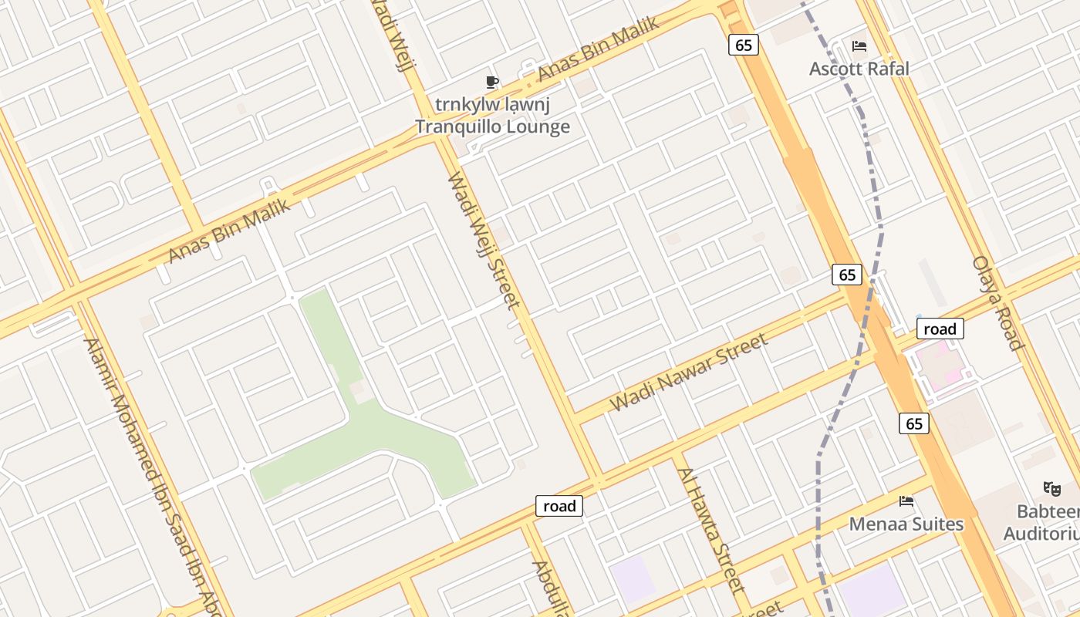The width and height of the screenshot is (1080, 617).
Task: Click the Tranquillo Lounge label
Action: (x=492, y=126)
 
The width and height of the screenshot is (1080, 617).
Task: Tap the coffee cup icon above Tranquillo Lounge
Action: (x=491, y=82)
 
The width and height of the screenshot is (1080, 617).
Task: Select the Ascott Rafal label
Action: (x=859, y=69)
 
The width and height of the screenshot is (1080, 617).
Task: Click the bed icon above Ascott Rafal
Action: (x=859, y=46)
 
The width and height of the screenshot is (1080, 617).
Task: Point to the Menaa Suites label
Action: (x=906, y=524)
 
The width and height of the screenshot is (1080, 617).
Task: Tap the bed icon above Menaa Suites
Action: (x=906, y=501)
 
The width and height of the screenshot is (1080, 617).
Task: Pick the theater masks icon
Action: (x=1051, y=488)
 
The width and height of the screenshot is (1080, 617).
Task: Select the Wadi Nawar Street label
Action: (x=689, y=373)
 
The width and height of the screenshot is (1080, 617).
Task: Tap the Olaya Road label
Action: (x=997, y=303)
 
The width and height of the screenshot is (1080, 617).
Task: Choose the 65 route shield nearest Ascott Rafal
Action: (x=743, y=46)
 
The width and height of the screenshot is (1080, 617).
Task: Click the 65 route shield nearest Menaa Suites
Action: (x=913, y=423)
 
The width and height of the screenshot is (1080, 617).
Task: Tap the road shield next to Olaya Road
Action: (x=940, y=329)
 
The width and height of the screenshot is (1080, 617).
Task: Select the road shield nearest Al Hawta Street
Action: (x=559, y=506)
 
